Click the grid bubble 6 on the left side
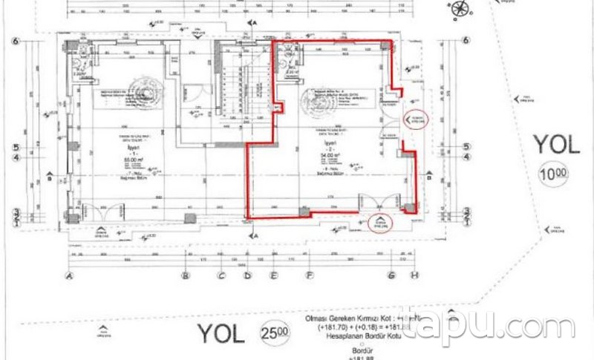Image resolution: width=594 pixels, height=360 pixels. [x=13, y=41]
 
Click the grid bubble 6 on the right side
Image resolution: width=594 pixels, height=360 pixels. [x=466, y=41]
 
